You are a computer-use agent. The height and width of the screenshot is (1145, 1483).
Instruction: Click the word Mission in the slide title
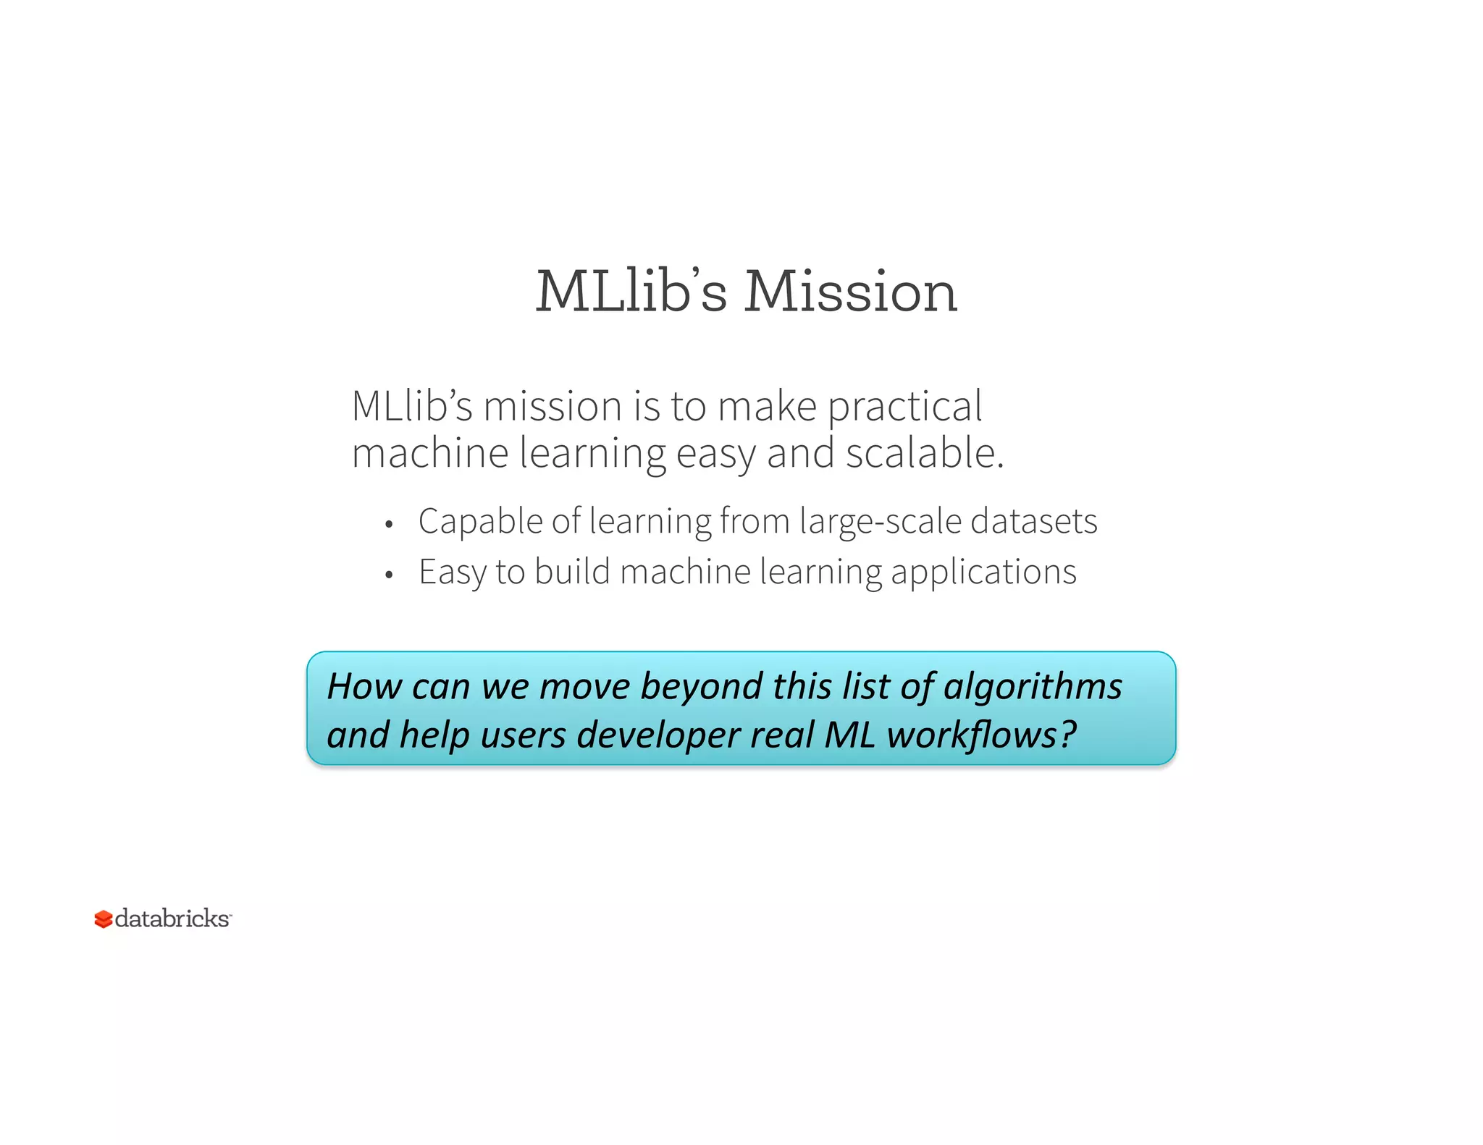tap(851, 292)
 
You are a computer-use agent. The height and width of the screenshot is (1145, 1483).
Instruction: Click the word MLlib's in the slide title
tap(631, 292)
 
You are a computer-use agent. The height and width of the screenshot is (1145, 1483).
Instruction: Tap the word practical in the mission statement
tap(905, 406)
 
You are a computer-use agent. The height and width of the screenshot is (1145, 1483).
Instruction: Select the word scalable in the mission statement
tap(924, 454)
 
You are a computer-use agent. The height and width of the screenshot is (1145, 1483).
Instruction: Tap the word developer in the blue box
tap(658, 735)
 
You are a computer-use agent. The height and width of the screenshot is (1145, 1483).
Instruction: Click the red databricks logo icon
tap(104, 919)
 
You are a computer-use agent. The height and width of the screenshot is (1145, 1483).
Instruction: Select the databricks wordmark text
tap(172, 918)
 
